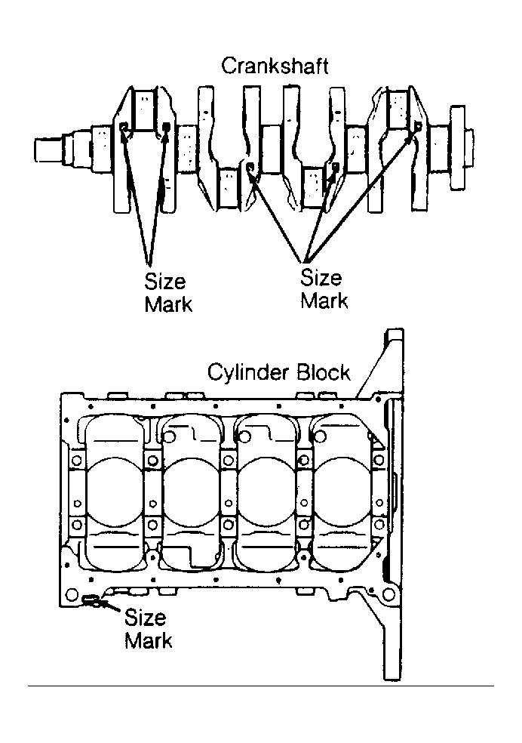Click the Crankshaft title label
point(275,66)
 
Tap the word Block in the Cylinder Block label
point(324,372)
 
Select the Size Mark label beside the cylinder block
point(148,629)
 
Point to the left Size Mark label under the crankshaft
point(168,293)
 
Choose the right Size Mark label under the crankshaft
point(324,289)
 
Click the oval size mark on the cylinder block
point(91,600)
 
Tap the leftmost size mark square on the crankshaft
point(124,128)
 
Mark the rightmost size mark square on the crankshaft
point(418,126)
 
